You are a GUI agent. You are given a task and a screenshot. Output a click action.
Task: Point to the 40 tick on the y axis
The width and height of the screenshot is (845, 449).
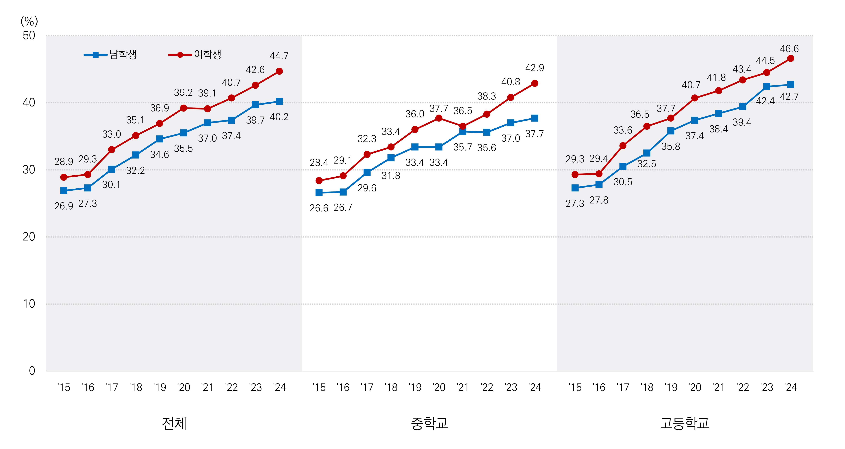coord(29,103)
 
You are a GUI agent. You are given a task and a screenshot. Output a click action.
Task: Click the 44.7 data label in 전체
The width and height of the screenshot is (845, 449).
coord(279,56)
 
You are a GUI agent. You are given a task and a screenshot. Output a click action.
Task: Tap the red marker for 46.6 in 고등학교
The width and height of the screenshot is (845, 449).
coord(791,58)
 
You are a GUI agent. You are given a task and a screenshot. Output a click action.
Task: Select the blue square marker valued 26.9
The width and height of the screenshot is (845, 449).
coord(64,191)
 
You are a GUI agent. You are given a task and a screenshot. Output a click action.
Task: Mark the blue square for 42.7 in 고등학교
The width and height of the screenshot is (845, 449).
coord(791,85)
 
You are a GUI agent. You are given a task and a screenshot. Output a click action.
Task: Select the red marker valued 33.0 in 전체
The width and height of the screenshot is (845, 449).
coord(112,150)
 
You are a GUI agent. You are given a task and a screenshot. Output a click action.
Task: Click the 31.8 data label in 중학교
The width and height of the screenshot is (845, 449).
coord(391,176)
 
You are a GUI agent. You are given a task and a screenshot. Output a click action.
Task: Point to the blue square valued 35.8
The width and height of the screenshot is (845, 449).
coord(671,131)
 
